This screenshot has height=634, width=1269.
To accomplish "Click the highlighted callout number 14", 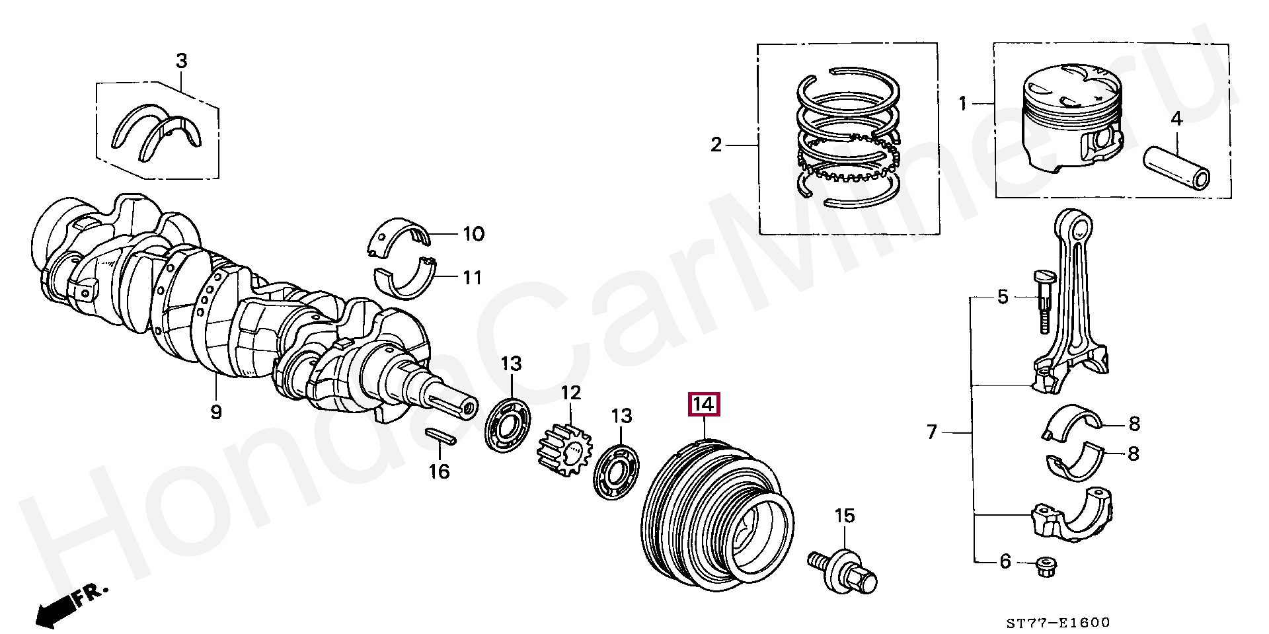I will pos(703,404).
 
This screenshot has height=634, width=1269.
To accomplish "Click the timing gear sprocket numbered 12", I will pos(565,448).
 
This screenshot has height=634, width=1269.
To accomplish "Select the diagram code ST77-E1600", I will pos(1058,622).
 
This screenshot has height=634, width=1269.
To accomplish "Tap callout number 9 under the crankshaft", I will pos(216,413).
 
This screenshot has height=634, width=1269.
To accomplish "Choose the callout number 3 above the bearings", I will pos(181,61).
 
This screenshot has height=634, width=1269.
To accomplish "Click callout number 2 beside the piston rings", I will pos(716,145).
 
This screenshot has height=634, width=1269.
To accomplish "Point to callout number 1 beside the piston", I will pos(963,104).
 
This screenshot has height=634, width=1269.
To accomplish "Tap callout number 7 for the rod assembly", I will pos(931,433).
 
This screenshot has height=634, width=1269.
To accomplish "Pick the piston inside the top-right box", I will pos(1071,122).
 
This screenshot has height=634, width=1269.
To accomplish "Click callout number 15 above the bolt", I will pos(845,516).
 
